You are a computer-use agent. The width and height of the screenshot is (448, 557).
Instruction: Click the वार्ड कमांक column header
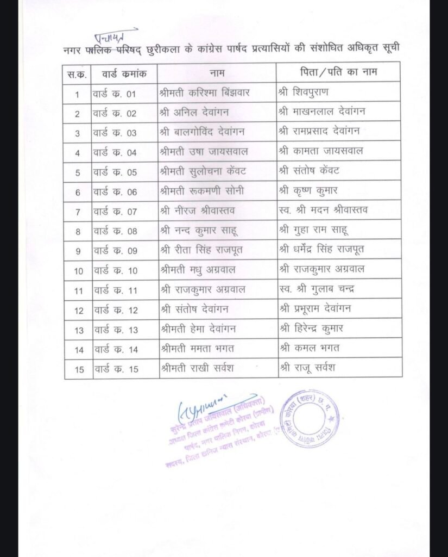(124, 72)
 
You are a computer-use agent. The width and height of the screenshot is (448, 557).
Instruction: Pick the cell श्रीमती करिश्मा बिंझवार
(205, 93)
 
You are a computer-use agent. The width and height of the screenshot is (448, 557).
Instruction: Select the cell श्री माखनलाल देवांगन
(321, 113)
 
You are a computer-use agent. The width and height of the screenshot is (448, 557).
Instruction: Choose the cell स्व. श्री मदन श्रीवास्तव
(323, 211)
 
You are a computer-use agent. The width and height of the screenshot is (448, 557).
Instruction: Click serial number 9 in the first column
(78, 251)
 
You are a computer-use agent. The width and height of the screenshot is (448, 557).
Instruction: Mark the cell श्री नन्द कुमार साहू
(200, 231)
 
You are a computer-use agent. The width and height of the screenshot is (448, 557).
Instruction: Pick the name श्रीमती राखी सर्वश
(197, 368)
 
